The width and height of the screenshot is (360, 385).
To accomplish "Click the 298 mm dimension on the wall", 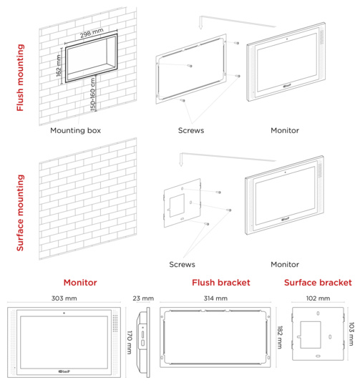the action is coord(92,33).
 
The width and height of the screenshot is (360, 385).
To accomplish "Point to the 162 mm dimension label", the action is coord(59,66).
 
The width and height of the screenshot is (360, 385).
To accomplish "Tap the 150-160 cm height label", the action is coord(93,94).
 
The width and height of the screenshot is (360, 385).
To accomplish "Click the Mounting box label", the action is coord(75,130).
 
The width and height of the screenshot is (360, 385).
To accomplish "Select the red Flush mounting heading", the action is coord(20,77).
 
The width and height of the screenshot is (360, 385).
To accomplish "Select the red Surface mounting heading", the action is coord(20,213).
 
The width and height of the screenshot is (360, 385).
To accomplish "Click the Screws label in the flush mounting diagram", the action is coord(191,130).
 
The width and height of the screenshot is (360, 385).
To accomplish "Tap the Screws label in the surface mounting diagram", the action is coord(182,265).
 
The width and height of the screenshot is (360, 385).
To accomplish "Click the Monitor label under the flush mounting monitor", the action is coord(285,130).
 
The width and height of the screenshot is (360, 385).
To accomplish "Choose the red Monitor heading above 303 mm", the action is coord(80,283).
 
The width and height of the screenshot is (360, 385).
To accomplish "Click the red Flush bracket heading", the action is coord(220,283).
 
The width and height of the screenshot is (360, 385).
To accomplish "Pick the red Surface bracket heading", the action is coord(318,283).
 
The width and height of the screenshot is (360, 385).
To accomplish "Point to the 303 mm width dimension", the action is coord(64,298).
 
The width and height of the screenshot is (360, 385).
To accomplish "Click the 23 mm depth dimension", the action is coord(143,298).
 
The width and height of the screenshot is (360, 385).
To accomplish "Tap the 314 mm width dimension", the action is coord(215,298).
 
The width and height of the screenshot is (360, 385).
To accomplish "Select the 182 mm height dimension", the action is coord(280,337).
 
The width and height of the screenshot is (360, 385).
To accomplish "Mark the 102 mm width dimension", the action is coord(318,298).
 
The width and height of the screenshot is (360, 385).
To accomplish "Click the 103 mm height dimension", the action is coord(351,333).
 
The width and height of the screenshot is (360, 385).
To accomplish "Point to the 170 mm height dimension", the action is coord(130,342).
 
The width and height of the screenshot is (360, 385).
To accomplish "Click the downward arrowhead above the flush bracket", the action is coord(200,26).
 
